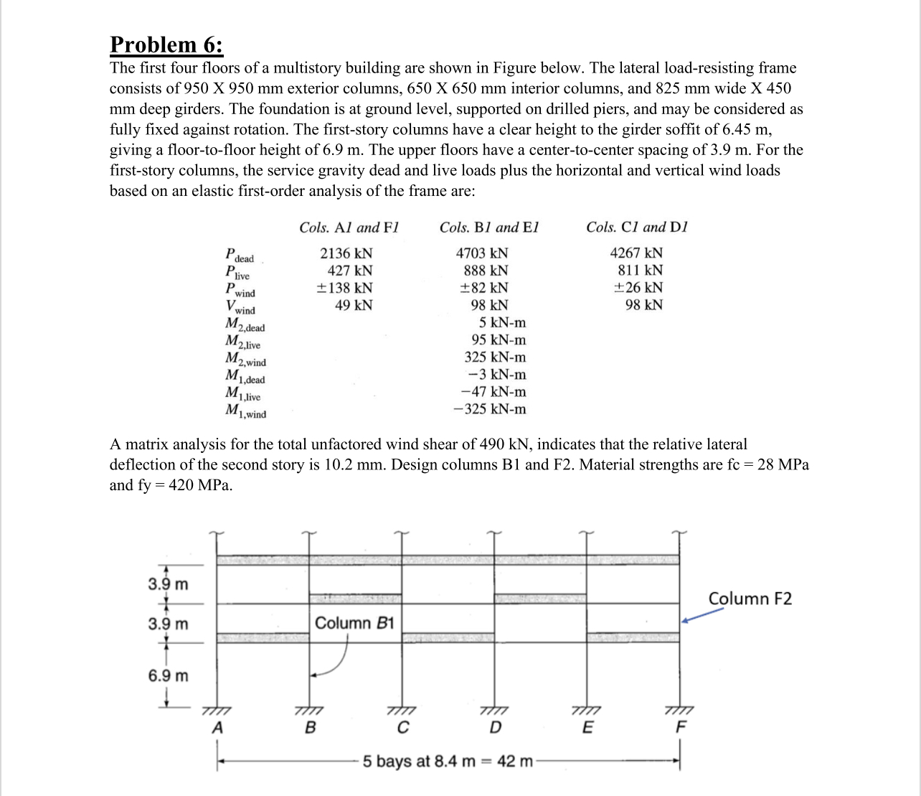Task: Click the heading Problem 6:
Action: [166, 45]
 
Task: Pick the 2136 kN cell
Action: [346, 253]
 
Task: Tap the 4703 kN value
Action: [482, 253]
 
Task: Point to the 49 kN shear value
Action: [354, 305]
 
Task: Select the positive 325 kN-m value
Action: [495, 357]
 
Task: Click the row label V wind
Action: [240, 307]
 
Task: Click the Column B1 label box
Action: [354, 622]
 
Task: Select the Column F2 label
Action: [750, 599]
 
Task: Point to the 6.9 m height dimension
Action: [169, 676]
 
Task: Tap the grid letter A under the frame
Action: [217, 728]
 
